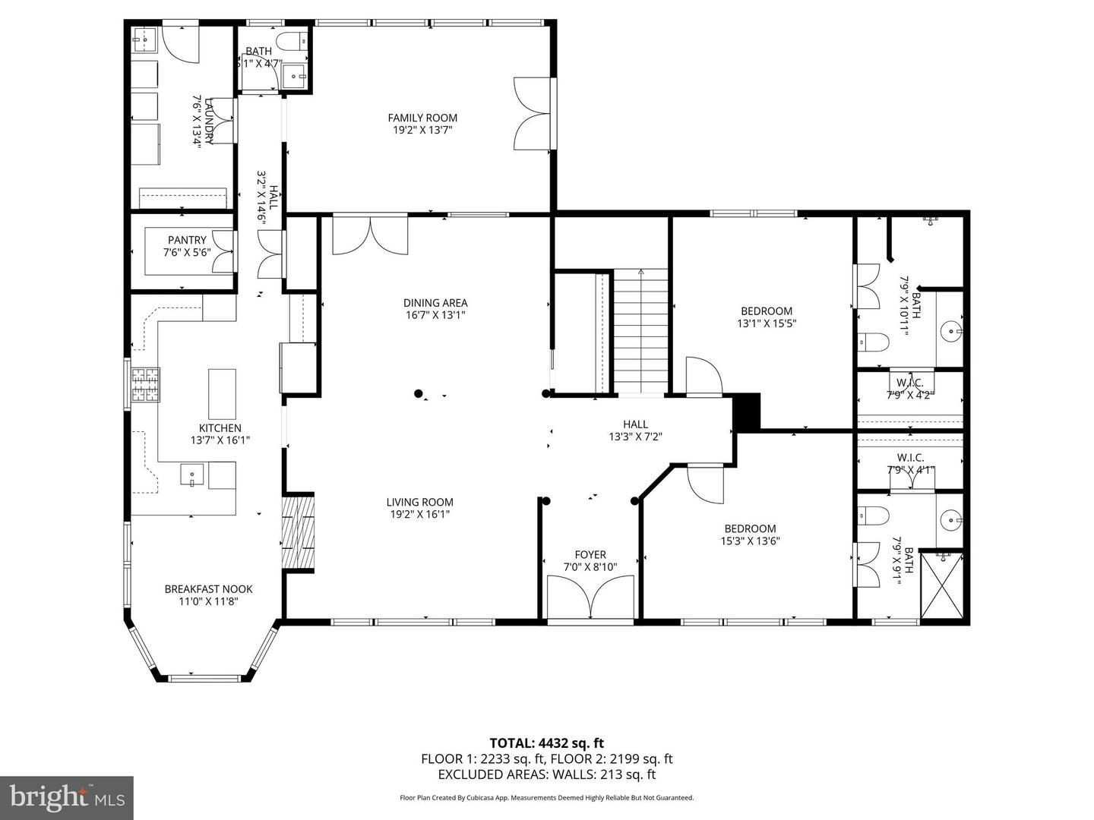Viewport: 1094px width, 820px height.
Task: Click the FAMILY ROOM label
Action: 422,118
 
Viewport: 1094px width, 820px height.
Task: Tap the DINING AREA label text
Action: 435,303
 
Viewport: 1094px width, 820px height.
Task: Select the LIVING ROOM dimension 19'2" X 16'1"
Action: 419,514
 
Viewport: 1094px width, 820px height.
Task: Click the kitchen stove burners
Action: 146,384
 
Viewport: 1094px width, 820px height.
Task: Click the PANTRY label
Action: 187,241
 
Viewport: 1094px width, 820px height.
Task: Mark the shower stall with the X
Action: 941,585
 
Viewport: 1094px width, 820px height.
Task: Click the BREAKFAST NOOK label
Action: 208,589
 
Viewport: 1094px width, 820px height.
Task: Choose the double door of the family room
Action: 532,114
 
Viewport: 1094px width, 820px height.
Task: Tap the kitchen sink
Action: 192,476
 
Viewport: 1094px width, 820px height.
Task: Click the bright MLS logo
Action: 67,797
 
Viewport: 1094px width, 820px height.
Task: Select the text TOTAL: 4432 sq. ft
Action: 546,743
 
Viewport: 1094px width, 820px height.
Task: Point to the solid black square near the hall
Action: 746,412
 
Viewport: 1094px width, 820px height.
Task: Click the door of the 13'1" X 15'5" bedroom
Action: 704,377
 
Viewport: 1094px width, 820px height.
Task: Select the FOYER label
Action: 590,555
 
